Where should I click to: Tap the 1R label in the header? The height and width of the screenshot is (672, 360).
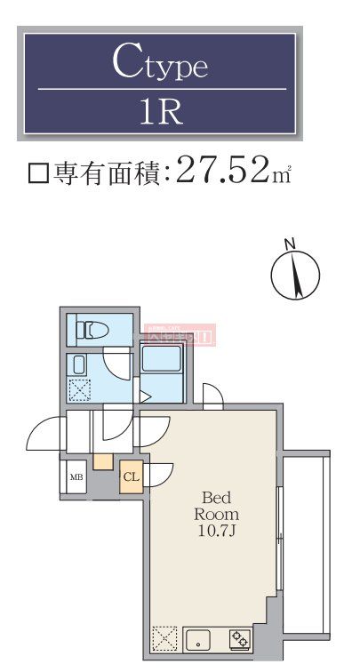(160, 113)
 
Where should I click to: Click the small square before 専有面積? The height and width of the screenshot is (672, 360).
(37, 172)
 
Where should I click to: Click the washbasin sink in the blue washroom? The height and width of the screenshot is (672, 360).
(78, 365)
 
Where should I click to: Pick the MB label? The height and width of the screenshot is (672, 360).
(76, 477)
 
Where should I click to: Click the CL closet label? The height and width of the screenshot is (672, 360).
(131, 477)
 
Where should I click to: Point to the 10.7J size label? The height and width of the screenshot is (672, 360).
(218, 532)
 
